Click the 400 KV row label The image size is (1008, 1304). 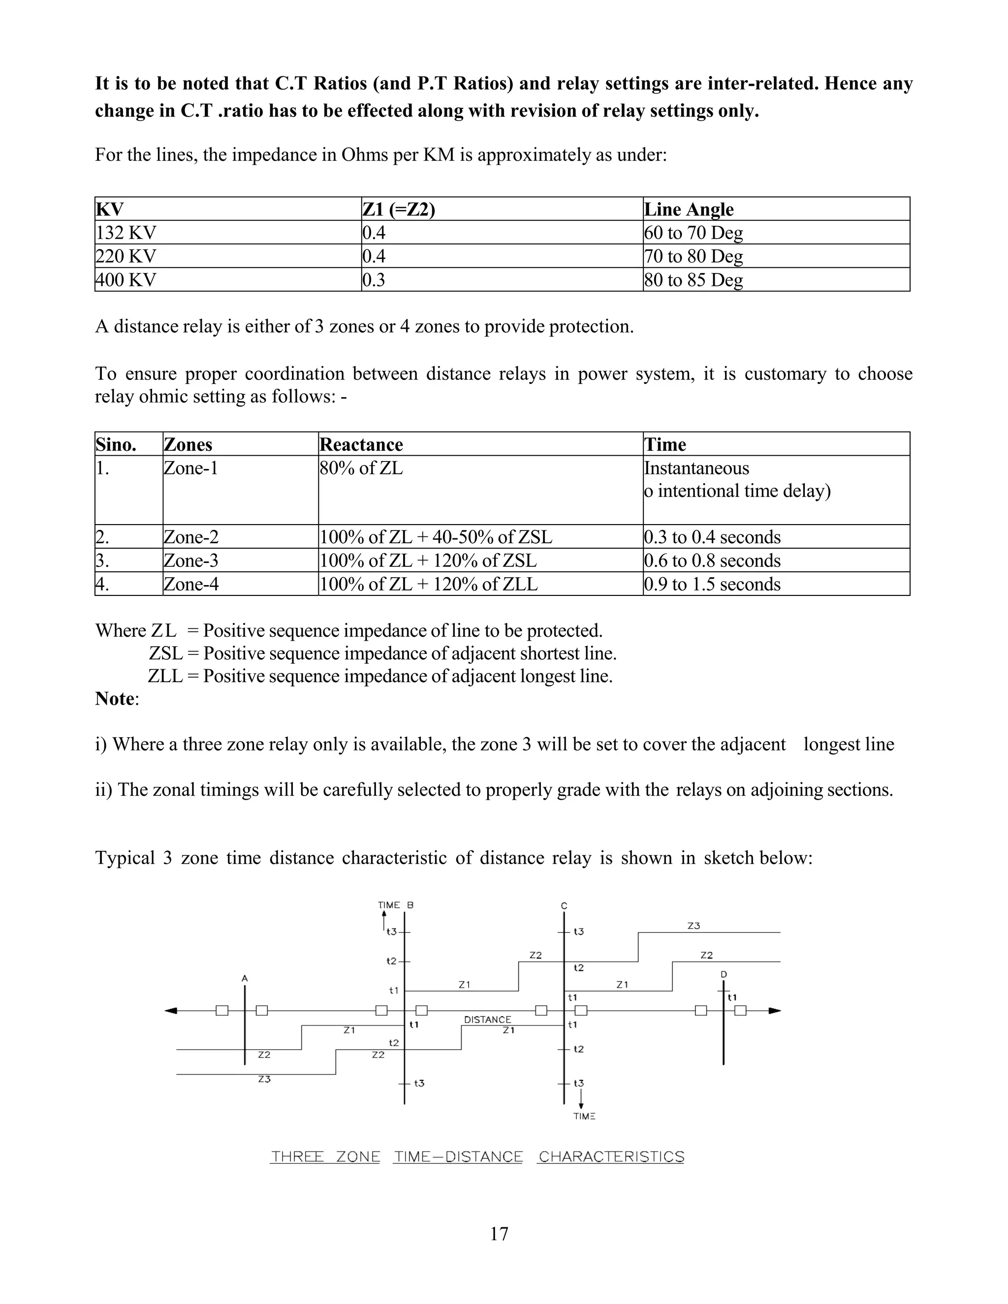(x=126, y=280)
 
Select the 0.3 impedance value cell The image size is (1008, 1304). (x=374, y=280)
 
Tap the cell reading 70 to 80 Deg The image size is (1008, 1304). (x=693, y=256)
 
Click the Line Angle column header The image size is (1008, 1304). (x=689, y=210)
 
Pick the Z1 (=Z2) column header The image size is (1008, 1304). (x=398, y=210)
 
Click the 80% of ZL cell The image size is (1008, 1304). (x=361, y=468)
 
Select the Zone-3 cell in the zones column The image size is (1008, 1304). (x=191, y=560)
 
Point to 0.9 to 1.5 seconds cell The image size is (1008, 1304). (x=712, y=584)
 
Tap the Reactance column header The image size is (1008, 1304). (x=361, y=445)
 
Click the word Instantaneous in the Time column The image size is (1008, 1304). (x=696, y=468)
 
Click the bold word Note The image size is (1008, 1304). (x=115, y=699)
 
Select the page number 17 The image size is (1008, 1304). (x=499, y=1234)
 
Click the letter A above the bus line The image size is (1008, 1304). (x=244, y=979)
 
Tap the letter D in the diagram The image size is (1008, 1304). (x=724, y=974)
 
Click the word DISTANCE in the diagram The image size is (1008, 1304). (x=487, y=1020)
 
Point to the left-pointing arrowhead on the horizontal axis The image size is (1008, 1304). (x=171, y=1011)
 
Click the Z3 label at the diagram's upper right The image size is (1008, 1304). (x=693, y=926)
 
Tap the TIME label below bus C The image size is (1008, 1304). (x=584, y=1116)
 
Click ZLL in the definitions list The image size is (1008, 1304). (x=165, y=677)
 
